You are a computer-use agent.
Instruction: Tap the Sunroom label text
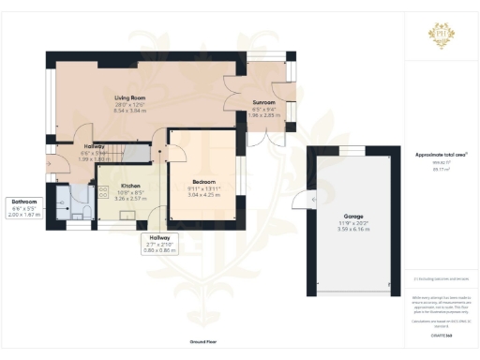(x=262, y=101)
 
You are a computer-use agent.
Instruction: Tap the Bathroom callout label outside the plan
(x=24, y=202)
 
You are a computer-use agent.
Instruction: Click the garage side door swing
(x=300, y=200)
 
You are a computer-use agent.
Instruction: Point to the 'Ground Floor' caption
(x=203, y=343)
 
